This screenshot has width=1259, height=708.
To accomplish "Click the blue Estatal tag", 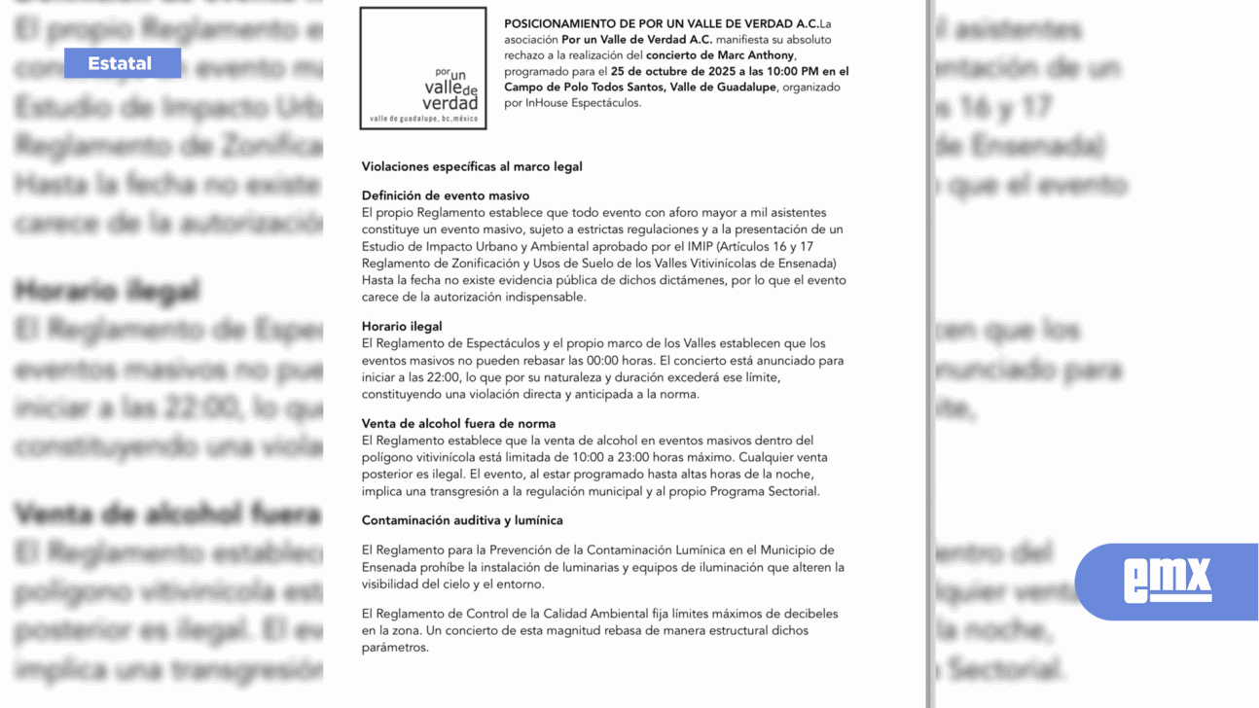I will tap(122, 63).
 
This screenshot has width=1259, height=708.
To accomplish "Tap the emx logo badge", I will tap(1167, 581).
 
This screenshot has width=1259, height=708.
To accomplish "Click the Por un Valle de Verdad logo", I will tap(423, 69).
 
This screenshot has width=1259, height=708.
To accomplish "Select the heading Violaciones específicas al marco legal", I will tap(472, 166).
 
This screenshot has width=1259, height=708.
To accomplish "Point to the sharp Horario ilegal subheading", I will tap(402, 327).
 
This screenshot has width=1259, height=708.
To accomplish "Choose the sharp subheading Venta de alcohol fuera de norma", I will tap(458, 424).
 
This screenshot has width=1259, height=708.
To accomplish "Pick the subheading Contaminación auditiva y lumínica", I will tap(462, 521).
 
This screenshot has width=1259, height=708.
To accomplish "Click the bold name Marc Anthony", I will tap(756, 55).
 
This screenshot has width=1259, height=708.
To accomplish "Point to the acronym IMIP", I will tap(701, 247).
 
